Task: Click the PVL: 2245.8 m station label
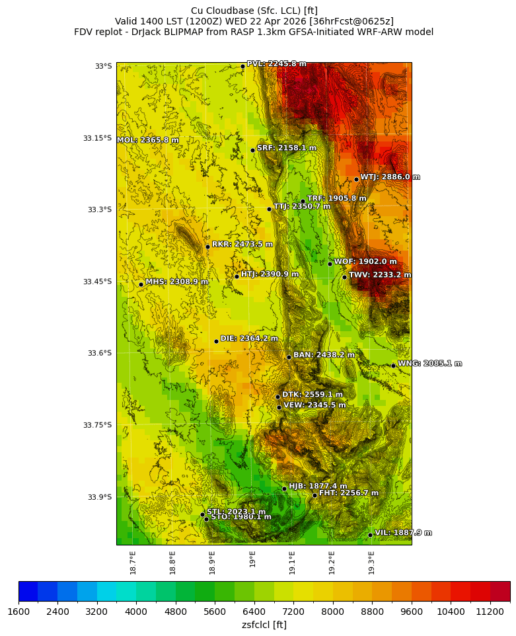coord(276,63)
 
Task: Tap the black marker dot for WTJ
coord(356,179)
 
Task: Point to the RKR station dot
coord(207,247)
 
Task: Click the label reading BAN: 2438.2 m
coord(324,355)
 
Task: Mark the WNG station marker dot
coord(393,366)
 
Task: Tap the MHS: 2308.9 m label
coord(176,282)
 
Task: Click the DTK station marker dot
coord(277,397)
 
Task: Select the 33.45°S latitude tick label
coord(97,282)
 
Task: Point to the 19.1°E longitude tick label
coord(292,563)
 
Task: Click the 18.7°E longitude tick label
coord(133,563)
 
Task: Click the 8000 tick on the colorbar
coord(333,612)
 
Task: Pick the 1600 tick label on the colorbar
coord(18,612)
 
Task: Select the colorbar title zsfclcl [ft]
coord(264,625)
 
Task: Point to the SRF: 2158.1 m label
coord(286,148)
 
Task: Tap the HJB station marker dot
coord(284,489)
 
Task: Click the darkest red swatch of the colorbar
coord(500,591)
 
